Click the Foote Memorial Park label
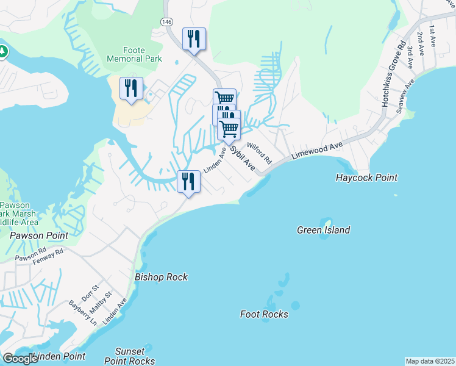[134, 54]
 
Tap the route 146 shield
[166, 22]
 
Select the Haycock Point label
[366, 178]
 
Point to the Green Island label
[323, 230]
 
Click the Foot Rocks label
[264, 314]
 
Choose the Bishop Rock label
[161, 277]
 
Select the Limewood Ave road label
[317, 152]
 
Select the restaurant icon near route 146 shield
[194, 39]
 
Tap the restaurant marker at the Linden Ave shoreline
[188, 181]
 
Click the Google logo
[20, 359]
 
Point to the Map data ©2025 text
[430, 361]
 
